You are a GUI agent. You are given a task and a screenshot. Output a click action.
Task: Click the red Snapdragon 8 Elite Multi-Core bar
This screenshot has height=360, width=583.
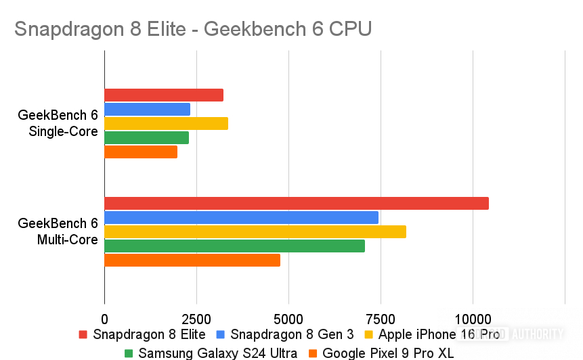tap(296, 203)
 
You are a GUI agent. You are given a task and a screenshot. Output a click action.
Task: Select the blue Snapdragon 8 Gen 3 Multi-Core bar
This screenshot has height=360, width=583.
tap(241, 217)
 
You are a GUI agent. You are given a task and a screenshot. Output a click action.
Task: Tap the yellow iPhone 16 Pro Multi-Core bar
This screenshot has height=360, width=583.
tap(255, 231)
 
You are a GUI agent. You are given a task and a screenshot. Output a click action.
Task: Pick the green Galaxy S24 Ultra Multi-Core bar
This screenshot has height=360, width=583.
tap(234, 246)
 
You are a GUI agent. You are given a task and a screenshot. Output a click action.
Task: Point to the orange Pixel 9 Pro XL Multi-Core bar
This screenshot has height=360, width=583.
tap(192, 260)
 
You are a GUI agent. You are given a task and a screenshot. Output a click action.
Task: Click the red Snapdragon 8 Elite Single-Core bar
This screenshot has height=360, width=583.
tap(164, 95)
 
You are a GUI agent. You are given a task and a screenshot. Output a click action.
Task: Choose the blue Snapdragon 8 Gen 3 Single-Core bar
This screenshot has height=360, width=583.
tap(147, 109)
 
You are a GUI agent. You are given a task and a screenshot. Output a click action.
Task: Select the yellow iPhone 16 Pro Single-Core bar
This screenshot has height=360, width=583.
tap(166, 123)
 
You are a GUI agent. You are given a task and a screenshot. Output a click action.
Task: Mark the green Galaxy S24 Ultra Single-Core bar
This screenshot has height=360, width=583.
tap(146, 137)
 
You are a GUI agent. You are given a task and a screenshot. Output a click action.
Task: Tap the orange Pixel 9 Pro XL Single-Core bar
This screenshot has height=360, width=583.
tap(141, 152)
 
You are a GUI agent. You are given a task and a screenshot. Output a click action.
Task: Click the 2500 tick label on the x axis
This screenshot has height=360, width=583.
tap(196, 318)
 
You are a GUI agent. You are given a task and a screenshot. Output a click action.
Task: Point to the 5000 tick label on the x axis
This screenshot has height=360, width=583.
tap(288, 318)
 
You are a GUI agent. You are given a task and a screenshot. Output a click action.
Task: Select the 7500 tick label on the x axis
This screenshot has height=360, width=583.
tap(381, 318)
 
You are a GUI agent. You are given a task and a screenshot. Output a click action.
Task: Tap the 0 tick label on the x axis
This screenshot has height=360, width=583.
tap(104, 318)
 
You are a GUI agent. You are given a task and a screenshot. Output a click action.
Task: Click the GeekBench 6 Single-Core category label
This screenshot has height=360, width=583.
tap(62, 123)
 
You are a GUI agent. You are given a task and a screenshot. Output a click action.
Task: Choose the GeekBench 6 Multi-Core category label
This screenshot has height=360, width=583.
tap(62, 231)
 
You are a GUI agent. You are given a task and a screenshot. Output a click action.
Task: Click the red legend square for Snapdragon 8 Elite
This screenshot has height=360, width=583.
tap(83, 334)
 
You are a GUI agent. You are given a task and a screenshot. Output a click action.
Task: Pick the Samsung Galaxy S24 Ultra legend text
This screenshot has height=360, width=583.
tap(217, 353)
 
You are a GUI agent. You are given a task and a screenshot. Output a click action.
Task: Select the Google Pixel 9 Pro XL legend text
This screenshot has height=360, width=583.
tap(388, 353)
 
